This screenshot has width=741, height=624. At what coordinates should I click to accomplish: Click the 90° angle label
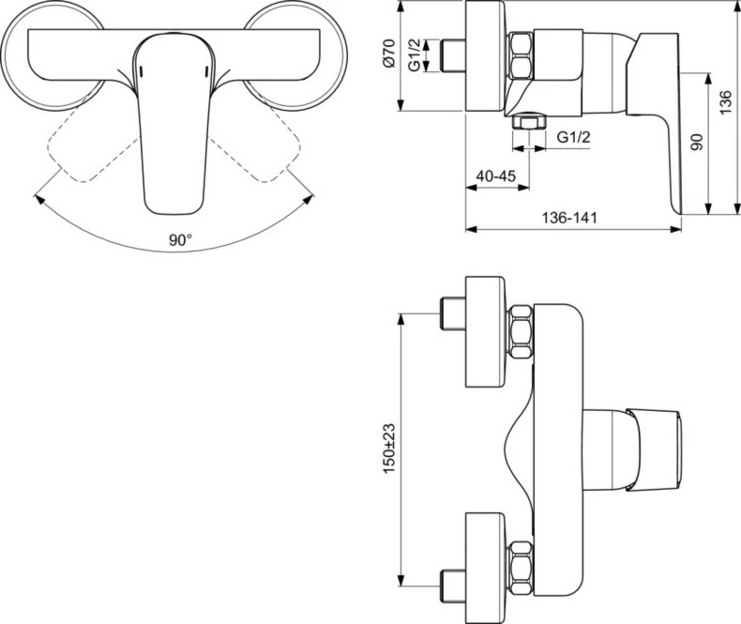(x=180, y=240)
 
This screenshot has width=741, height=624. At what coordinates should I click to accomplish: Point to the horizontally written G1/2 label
(x=573, y=138)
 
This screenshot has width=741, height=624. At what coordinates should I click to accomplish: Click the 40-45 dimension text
(x=496, y=176)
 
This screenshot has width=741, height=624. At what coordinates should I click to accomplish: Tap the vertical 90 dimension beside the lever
(x=696, y=143)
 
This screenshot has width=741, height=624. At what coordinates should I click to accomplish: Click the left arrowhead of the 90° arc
(x=38, y=198)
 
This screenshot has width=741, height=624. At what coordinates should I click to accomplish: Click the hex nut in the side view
(x=521, y=55)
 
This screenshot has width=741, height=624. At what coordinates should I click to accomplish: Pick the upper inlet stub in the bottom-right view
(x=453, y=313)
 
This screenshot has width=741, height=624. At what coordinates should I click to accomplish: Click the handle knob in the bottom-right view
(x=654, y=449)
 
